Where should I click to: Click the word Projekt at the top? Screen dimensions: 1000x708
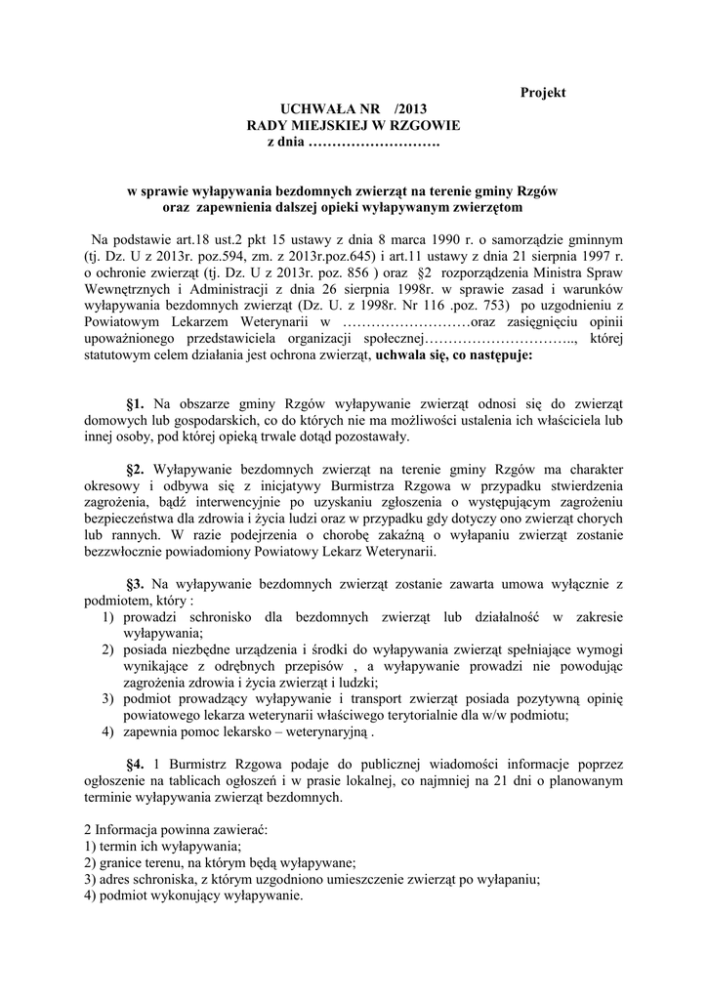tap(542, 92)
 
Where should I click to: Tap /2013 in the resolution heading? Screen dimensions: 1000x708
tap(407, 109)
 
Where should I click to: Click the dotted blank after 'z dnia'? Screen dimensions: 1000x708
tap(374, 144)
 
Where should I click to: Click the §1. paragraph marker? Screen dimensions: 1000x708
tap(136, 402)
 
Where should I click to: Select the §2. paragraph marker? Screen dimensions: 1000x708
tap(136, 467)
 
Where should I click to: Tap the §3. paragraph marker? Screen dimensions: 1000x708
tap(136, 583)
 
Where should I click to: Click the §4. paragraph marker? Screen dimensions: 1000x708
tap(136, 764)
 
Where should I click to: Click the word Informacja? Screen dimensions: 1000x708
tap(128, 828)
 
